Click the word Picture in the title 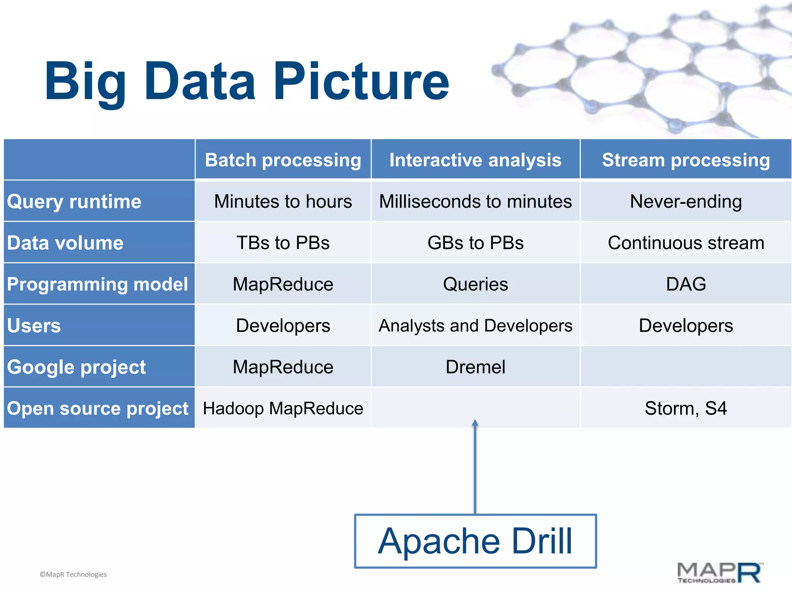361,82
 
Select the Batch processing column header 283,160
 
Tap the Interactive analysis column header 475,160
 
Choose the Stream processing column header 686,160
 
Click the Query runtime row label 74,201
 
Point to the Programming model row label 97,284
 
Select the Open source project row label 97,408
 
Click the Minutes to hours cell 283,201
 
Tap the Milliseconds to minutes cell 475,201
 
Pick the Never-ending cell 686,201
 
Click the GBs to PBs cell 475,243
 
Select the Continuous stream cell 686,243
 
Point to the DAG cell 686,284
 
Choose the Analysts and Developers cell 475,326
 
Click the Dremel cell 475,367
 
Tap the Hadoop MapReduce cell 283,408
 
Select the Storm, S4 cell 686,408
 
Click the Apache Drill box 475,541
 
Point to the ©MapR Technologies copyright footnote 73,575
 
